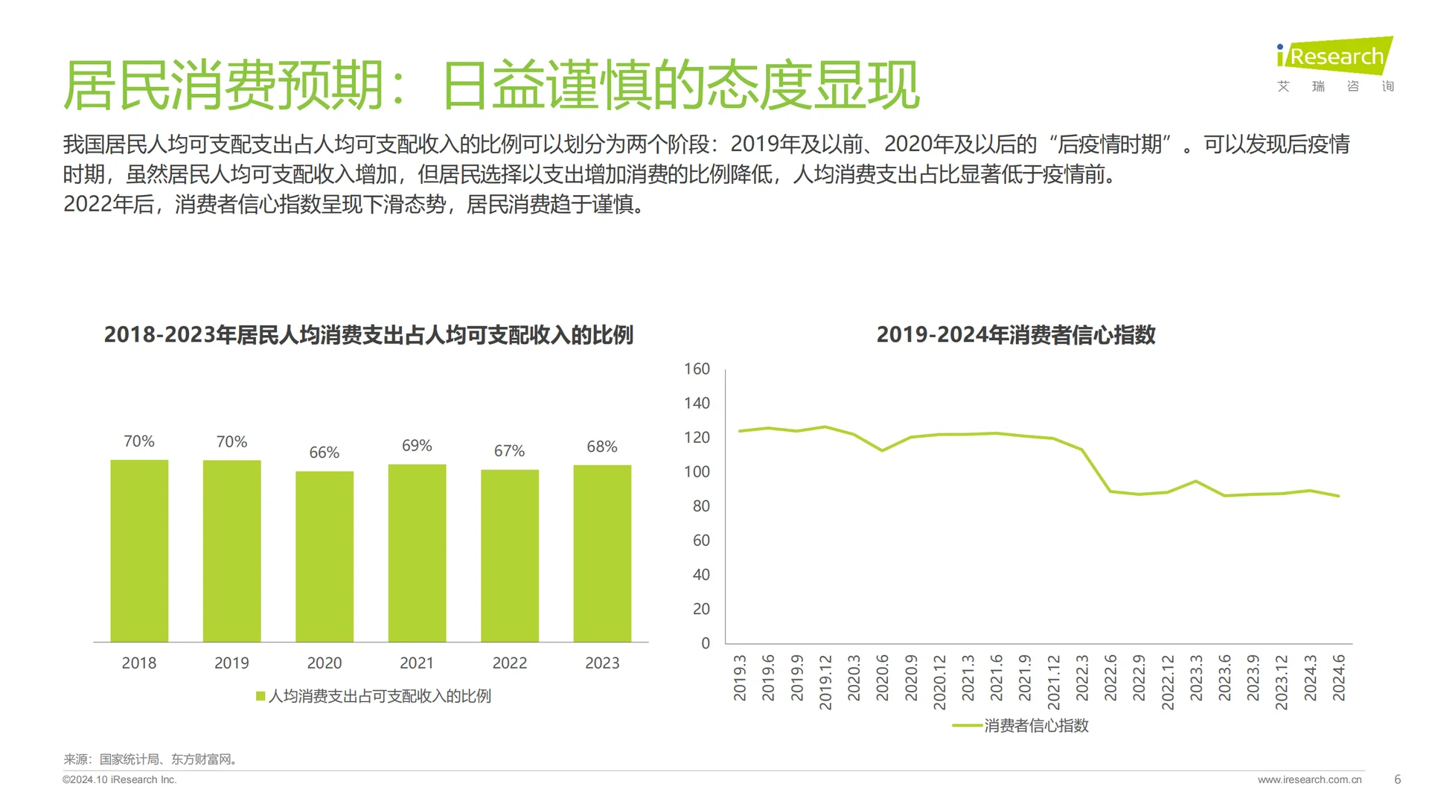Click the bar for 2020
pyautogui.click(x=325, y=556)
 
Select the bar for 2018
pyautogui.click(x=139, y=551)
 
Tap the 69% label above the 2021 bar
pyautogui.click(x=417, y=445)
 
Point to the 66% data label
pyautogui.click(x=324, y=453)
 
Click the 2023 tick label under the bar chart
pyautogui.click(x=602, y=663)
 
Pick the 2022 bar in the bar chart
pyautogui.click(x=510, y=555)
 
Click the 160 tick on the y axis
pyautogui.click(x=697, y=368)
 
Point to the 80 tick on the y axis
pyautogui.click(x=701, y=506)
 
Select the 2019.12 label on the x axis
pyautogui.click(x=825, y=682)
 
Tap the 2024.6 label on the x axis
pyautogui.click(x=1339, y=677)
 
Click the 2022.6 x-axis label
pyautogui.click(x=1110, y=677)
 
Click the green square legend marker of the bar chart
pyautogui.click(x=260, y=696)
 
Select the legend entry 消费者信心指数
pyautogui.click(x=1036, y=725)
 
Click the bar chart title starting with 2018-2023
pyautogui.click(x=368, y=335)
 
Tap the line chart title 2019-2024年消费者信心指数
pyautogui.click(x=1016, y=335)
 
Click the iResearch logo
pyautogui.click(x=1335, y=64)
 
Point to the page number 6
pyautogui.click(x=1397, y=779)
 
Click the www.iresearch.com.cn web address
pyautogui.click(x=1309, y=779)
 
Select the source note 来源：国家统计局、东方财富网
pyautogui.click(x=150, y=759)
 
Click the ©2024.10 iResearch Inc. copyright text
pyautogui.click(x=120, y=779)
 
